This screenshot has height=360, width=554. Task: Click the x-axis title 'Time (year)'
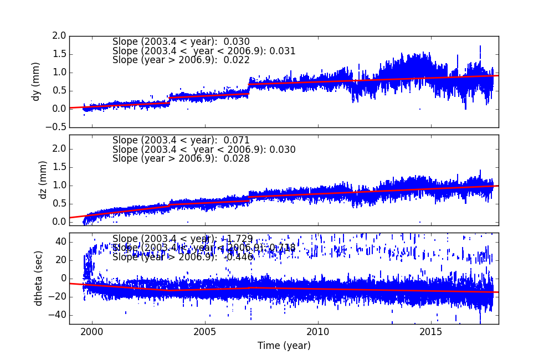pyautogui.click(x=284, y=346)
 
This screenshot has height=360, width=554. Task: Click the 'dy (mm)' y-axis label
pyautogui.click(x=37, y=81)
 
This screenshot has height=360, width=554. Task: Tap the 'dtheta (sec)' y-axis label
pyautogui.click(x=38, y=278)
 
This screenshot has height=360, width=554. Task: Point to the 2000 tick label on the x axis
pyautogui.click(x=92, y=332)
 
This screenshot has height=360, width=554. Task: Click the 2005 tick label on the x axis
pyautogui.click(x=205, y=332)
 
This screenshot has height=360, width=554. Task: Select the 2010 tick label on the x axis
pyautogui.click(x=319, y=332)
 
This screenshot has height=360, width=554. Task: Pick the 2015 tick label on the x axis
pyautogui.click(x=432, y=332)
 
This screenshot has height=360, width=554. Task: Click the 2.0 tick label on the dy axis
pyautogui.click(x=59, y=36)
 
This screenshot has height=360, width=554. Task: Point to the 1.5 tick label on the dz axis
pyautogui.click(x=59, y=167)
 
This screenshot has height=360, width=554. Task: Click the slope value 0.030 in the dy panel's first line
pyautogui.click(x=238, y=42)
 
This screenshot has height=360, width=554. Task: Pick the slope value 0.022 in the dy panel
pyautogui.click(x=238, y=60)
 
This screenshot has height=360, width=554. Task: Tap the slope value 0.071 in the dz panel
pyautogui.click(x=238, y=141)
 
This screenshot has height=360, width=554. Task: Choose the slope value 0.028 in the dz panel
pyautogui.click(x=238, y=159)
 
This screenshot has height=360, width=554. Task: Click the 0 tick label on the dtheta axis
pyautogui.click(x=63, y=279)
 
